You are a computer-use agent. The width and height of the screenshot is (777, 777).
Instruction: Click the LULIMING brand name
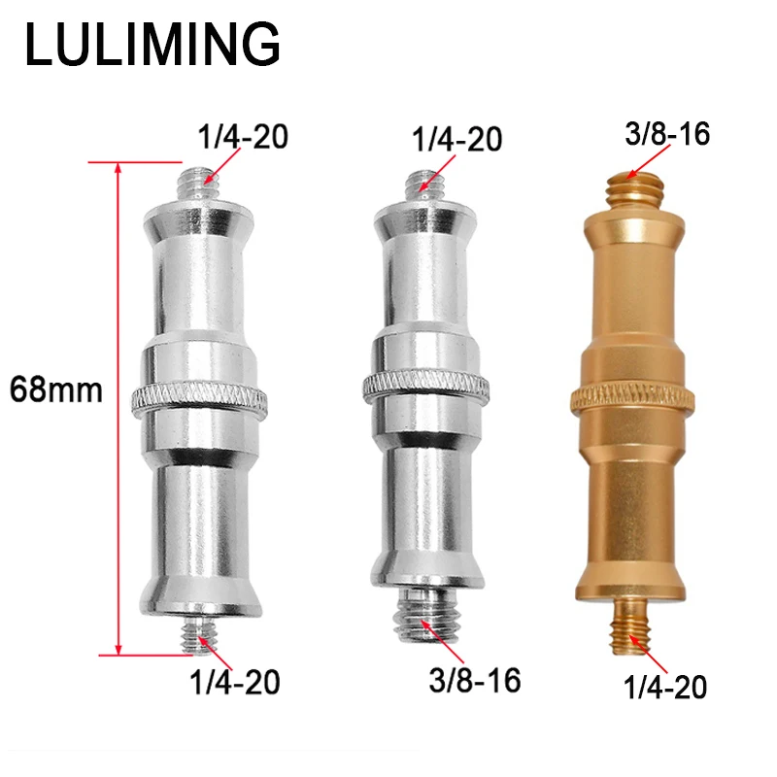[x=152, y=44]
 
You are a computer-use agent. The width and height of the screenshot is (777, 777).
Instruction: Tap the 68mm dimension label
[x=56, y=389]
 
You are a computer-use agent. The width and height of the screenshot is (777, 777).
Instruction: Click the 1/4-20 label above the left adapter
[x=243, y=136]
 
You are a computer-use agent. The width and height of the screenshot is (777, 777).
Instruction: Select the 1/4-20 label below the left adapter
[x=235, y=682]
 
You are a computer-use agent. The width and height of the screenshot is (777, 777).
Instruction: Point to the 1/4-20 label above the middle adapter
[x=456, y=139]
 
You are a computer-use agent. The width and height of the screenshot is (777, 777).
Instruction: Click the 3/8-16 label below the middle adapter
[x=475, y=680]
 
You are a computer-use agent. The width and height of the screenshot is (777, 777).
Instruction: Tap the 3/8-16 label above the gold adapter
[x=667, y=133]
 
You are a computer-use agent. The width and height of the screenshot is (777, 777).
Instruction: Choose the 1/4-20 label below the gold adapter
[x=665, y=687]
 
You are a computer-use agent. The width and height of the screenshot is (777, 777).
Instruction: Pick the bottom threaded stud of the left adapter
[x=199, y=635]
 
